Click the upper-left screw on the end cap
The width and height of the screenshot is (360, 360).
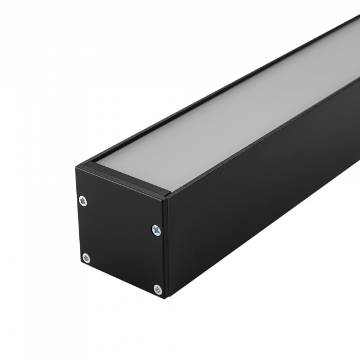pos(83,201)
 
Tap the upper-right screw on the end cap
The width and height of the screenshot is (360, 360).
pos(156,229)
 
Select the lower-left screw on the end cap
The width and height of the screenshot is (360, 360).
pos(86,258)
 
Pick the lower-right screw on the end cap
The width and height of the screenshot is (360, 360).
pos(157,289)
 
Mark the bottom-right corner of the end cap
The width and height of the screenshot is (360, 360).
pos(166,298)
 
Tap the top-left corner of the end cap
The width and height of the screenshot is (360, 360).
pos(76,167)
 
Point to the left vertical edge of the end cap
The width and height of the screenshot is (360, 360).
pos(77,216)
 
